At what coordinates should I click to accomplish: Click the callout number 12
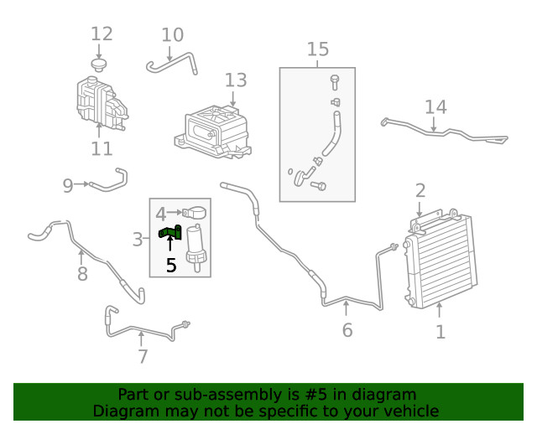[x=102, y=34]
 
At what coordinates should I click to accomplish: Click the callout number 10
[x=172, y=35]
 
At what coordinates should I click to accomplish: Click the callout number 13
[x=236, y=80]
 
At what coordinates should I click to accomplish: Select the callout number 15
[x=318, y=49]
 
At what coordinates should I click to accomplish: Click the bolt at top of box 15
[x=334, y=82]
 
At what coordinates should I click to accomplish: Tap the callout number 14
[x=435, y=106]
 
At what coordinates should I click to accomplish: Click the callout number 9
[x=68, y=185]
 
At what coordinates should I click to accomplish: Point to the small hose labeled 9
[x=110, y=179]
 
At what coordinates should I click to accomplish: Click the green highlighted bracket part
[x=170, y=232]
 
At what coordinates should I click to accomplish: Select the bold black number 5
[x=171, y=266]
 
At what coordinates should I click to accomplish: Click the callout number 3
[x=138, y=240]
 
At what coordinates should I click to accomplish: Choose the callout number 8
[x=82, y=273]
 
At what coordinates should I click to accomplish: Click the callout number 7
[x=143, y=356]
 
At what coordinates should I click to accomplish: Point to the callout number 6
[x=347, y=329]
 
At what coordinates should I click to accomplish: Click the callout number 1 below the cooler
[x=441, y=332]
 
